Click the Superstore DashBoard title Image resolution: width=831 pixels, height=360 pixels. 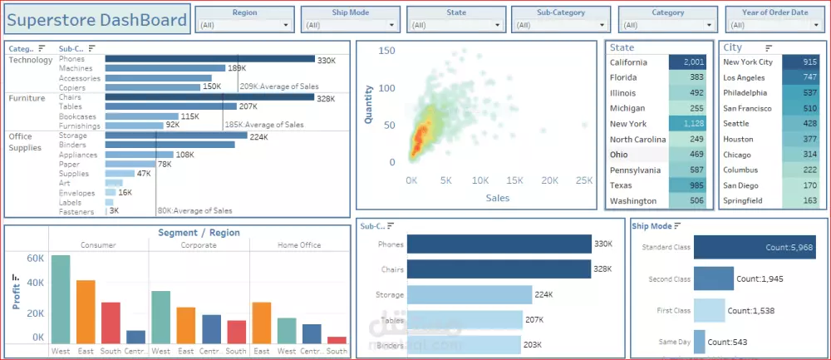tap(97, 20)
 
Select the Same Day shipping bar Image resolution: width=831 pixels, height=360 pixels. tap(699, 342)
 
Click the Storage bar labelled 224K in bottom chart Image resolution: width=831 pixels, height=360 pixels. tap(469, 294)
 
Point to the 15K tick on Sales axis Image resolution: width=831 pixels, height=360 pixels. tap(514, 180)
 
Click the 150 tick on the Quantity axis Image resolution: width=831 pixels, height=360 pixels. tap(386, 51)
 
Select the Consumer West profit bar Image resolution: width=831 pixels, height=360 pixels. tap(61, 299)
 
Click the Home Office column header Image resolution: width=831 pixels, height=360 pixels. tap(298, 245)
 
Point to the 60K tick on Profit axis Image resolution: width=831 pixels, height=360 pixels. tap(34, 259)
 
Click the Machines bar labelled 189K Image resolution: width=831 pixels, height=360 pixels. tap(165, 68)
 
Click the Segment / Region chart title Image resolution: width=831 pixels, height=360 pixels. tap(199, 233)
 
